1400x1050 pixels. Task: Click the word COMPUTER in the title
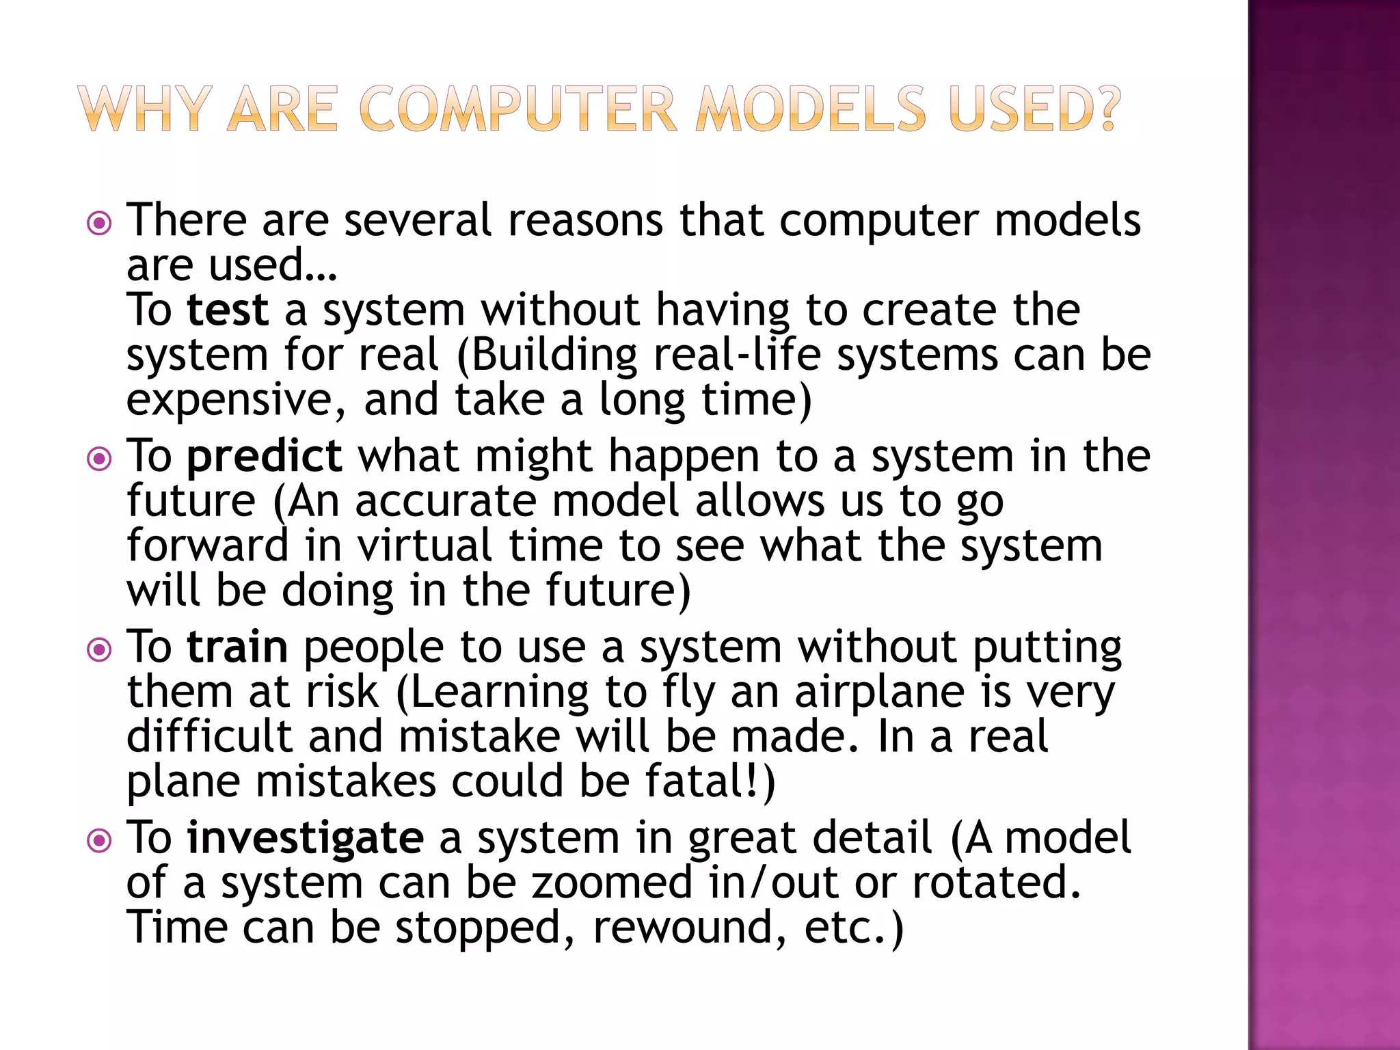pyautogui.click(x=518, y=109)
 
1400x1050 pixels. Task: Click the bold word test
pyautogui.click(x=228, y=310)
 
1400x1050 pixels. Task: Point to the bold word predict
pyautogui.click(x=264, y=457)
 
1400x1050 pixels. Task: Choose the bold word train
pyautogui.click(x=237, y=647)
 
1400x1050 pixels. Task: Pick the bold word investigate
pyautogui.click(x=305, y=839)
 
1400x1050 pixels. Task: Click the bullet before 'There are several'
pyautogui.click(x=100, y=223)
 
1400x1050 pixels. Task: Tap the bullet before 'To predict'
pyautogui.click(x=100, y=459)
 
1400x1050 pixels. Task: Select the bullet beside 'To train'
pyautogui.click(x=100, y=649)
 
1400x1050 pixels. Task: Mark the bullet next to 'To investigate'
pyautogui.click(x=100, y=840)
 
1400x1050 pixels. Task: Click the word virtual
pyautogui.click(x=425, y=546)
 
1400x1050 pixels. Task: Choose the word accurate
pyautogui.click(x=446, y=502)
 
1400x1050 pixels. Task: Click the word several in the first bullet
pyautogui.click(x=418, y=221)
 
